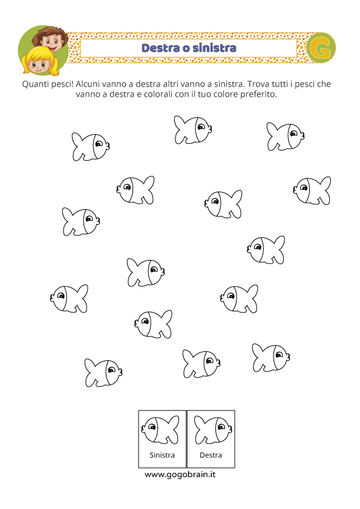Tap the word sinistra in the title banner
(214, 48)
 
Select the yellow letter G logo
(321, 48)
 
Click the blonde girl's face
(38, 64)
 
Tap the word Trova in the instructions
(257, 84)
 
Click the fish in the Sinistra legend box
(160, 430)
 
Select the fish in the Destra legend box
(213, 430)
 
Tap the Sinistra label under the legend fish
(162, 455)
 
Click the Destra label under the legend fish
(211, 455)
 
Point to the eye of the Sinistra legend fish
(152, 427)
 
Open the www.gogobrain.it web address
(180, 475)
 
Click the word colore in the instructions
(226, 94)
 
